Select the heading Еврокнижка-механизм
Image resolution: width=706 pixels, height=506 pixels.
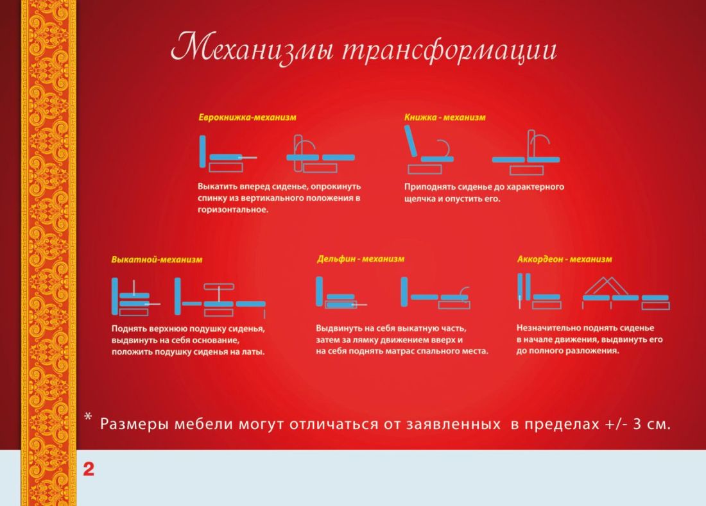(x=247, y=117)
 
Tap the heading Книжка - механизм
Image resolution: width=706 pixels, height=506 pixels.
(x=445, y=117)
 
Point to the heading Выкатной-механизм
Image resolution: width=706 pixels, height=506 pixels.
(x=157, y=260)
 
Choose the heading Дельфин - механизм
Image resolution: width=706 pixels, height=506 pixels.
(x=361, y=259)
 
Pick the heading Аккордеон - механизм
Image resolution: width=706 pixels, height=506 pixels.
(x=565, y=259)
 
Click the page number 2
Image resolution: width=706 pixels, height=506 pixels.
(x=89, y=469)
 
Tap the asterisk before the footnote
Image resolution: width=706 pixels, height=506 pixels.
(x=89, y=417)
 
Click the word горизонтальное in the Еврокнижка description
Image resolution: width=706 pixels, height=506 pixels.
(x=233, y=210)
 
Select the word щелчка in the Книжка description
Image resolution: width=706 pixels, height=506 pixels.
(x=418, y=199)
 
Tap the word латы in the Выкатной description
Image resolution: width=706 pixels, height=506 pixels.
(x=253, y=351)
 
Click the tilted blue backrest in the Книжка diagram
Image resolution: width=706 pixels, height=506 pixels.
(x=411, y=141)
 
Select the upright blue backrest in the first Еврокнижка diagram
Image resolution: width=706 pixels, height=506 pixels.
(x=203, y=151)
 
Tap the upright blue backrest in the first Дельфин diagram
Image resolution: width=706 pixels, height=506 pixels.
(x=319, y=291)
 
